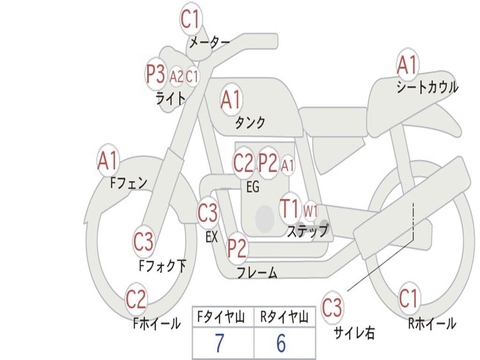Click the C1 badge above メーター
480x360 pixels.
(191, 19)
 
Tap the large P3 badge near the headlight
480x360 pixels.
(156, 74)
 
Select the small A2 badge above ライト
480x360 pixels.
(176, 76)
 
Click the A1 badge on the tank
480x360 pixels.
(232, 99)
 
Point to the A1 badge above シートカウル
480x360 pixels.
(407, 64)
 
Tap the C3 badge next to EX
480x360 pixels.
(208, 213)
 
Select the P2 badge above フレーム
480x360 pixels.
(237, 248)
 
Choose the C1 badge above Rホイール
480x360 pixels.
(408, 298)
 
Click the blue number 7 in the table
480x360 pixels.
(219, 343)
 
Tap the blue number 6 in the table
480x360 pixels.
(281, 343)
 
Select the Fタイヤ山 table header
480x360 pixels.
(221, 317)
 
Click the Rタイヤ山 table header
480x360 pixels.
(285, 317)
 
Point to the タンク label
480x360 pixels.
(250, 122)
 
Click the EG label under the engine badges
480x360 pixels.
(253, 187)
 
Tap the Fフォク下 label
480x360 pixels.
(163, 266)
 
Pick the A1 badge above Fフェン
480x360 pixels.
(108, 160)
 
